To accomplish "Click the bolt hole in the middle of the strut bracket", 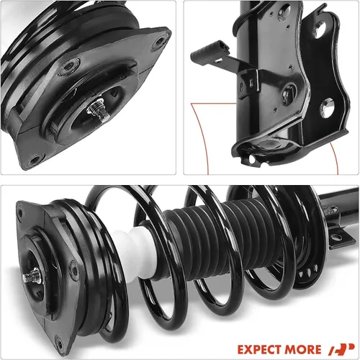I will tap(289, 91).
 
